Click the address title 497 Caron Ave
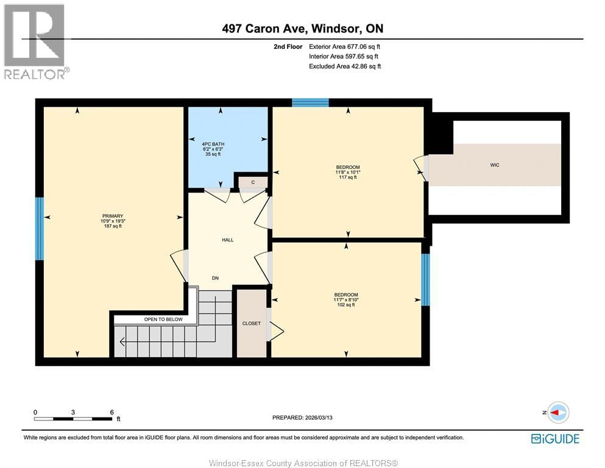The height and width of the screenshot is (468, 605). pos(302,29)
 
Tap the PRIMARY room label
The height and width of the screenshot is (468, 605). pos(113,216)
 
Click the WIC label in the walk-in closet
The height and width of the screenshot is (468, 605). pos(495,165)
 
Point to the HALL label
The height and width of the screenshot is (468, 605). pos(227,240)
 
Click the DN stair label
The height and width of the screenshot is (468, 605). pos(215,278)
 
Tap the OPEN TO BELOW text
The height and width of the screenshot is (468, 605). pos(163,319)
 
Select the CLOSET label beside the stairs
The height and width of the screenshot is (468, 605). pos(251,324)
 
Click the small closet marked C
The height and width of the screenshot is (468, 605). pos(252,182)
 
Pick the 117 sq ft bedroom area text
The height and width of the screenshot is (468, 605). pos(348,177)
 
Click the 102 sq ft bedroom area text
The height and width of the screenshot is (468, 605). pos(346,305)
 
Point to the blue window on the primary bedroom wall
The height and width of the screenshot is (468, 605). pos(40,229)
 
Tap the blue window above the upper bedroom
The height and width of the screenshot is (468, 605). pos(306,102)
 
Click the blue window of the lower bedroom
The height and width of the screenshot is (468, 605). pos(425,279)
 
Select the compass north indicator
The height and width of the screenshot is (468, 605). pos(557,413)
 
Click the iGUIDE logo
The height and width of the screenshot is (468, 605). pos(555,438)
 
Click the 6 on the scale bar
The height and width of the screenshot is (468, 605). pos(111,412)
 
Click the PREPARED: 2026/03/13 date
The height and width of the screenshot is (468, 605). pos(302,417)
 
